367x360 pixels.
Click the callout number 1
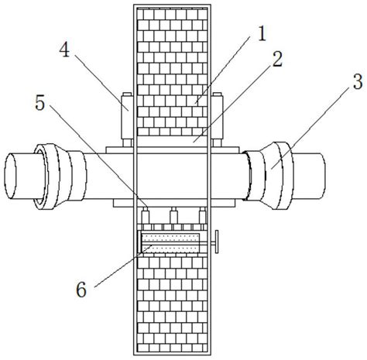pos(262,34)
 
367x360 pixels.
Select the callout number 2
pos(277,59)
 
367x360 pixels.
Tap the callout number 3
pos(358,82)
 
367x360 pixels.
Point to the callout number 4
pos(64,50)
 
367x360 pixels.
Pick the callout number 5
pos(40,103)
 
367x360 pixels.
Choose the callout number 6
pos(81,290)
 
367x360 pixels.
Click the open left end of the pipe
pos(10,176)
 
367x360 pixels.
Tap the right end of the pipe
pos(322,176)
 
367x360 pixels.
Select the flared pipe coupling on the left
pos(60,176)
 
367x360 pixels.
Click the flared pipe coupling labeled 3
pos(270,176)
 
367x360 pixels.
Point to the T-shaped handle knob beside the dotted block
pos(214,242)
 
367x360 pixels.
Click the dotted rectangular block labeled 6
pos(170,243)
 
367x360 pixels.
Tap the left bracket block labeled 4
pos(126,118)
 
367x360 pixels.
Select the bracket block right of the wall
pos(218,118)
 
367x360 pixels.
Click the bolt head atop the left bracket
pos(127,94)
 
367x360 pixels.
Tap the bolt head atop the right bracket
pos(217,94)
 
